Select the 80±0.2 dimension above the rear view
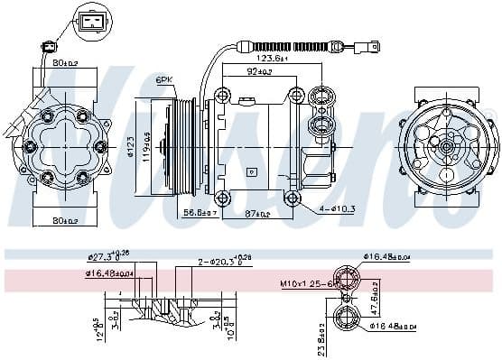[64, 63]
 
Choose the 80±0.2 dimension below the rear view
[64, 218]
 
